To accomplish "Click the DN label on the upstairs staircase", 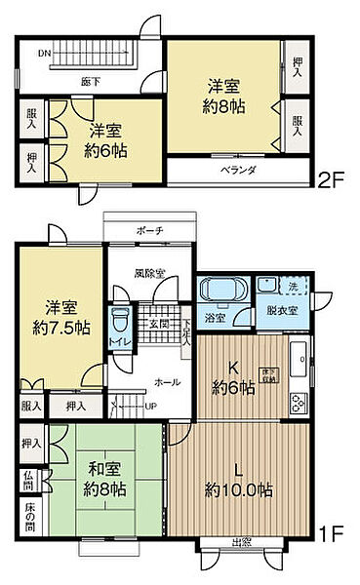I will (x=44, y=53).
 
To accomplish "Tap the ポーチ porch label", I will (x=149, y=232).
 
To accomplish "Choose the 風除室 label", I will (x=149, y=273).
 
